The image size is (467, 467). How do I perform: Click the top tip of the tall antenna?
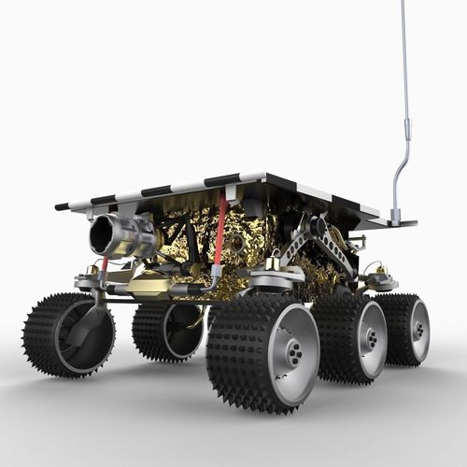[x=403, y=3]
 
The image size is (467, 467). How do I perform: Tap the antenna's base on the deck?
[x=396, y=219]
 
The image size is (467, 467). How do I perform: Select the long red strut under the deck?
[x=221, y=229]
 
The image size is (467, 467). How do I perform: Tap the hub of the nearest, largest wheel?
[x=294, y=354]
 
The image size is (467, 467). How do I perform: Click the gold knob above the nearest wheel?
[x=273, y=265]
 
